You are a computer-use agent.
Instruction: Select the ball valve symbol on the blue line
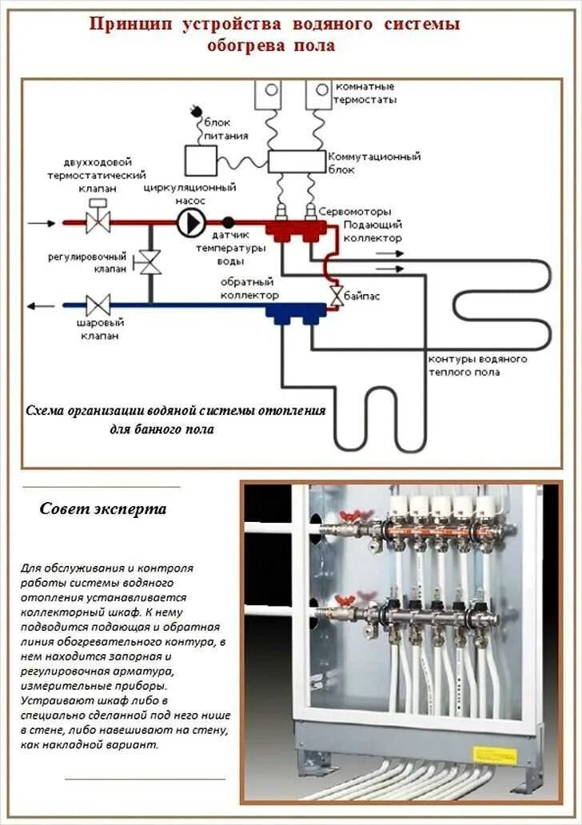point(98,305)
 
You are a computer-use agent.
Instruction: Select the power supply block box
point(201,160)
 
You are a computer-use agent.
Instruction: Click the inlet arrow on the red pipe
point(42,222)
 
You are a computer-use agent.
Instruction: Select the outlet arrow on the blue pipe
point(40,305)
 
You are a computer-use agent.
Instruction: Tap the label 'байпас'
point(361,296)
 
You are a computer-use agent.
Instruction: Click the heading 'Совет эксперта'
point(103,509)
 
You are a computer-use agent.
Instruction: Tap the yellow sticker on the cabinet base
point(495,755)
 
